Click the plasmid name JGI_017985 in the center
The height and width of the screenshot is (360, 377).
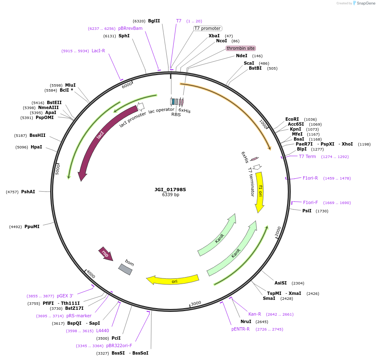click(x=170, y=190)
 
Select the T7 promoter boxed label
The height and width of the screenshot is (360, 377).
click(x=208, y=29)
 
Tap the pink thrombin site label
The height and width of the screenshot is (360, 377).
click(x=241, y=48)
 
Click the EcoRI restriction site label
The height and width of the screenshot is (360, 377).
click(x=292, y=119)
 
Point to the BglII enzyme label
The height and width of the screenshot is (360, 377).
click(x=154, y=21)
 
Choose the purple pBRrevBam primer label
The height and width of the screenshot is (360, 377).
click(x=130, y=28)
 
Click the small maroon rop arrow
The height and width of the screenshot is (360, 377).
click(x=105, y=253)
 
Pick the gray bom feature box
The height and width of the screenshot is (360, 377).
click(x=125, y=269)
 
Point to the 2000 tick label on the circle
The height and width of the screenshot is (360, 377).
click(x=278, y=231)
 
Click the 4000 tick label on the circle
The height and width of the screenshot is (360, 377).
click(x=90, y=274)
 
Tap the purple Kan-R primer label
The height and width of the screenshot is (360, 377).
click(x=255, y=314)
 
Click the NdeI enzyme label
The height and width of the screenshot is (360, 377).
click(x=241, y=56)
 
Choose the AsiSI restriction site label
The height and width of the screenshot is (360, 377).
click(x=280, y=283)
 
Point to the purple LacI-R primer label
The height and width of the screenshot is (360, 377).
click(x=98, y=51)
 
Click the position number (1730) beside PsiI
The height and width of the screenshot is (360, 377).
click(x=322, y=211)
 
